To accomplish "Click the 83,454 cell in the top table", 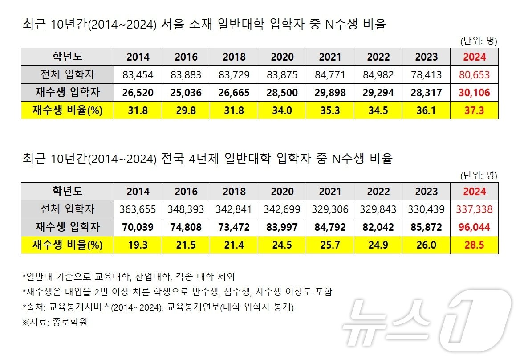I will coord(138,75).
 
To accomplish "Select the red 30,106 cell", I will coord(474,93).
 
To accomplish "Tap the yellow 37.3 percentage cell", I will coord(474,110).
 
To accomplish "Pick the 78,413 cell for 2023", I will coord(426,75).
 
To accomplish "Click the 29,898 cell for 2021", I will coord(330,93).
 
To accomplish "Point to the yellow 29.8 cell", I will coord(186,110).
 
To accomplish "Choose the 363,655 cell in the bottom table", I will coord(138,209).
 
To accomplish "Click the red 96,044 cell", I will coord(474,227).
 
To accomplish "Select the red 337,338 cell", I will coord(474,209).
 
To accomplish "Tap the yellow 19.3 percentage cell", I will coord(138,245).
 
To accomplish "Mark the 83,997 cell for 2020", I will coord(282,227).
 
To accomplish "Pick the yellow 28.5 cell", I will coord(474,245).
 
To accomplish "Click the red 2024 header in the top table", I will coord(474,57).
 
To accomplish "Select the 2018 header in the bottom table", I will coord(234,191).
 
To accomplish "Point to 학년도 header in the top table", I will coord(67,57).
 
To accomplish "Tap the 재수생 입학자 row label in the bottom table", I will coord(67,227).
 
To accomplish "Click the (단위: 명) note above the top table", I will coord(479,41).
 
